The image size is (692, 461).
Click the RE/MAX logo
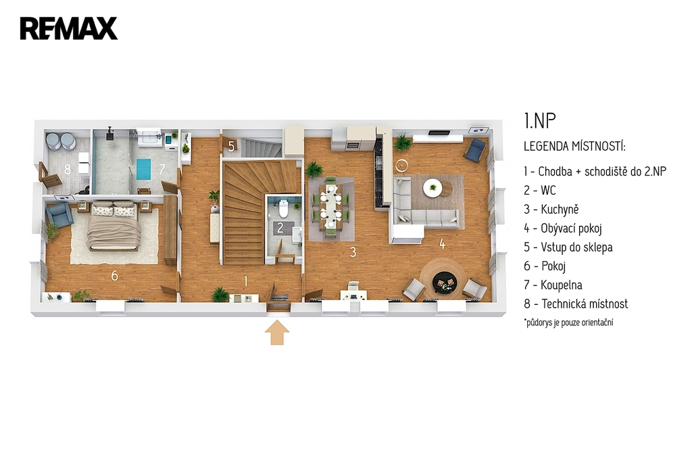tap(69, 28)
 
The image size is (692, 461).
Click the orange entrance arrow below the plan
tap(277, 333)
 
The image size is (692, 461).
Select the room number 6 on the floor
tap(114, 276)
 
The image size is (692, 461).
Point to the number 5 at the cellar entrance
tap(231, 146)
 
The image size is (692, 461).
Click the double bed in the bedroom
tap(114, 226)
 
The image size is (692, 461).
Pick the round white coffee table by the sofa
tap(432, 188)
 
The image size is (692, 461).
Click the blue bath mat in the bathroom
tap(143, 169)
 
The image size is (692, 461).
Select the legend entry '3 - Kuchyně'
tap(551, 210)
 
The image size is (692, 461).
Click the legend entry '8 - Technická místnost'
tap(576, 304)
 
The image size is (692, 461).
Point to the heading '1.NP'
tap(540, 120)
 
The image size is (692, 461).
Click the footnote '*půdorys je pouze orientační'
tap(568, 322)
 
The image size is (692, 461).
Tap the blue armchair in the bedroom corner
tap(59, 215)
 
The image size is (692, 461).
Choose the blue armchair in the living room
tap(475, 149)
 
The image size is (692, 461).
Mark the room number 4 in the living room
tap(442, 244)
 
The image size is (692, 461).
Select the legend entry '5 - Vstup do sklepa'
tap(568, 247)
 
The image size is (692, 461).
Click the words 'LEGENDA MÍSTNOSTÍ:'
tap(574, 146)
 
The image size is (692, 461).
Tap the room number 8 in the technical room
tap(68, 169)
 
